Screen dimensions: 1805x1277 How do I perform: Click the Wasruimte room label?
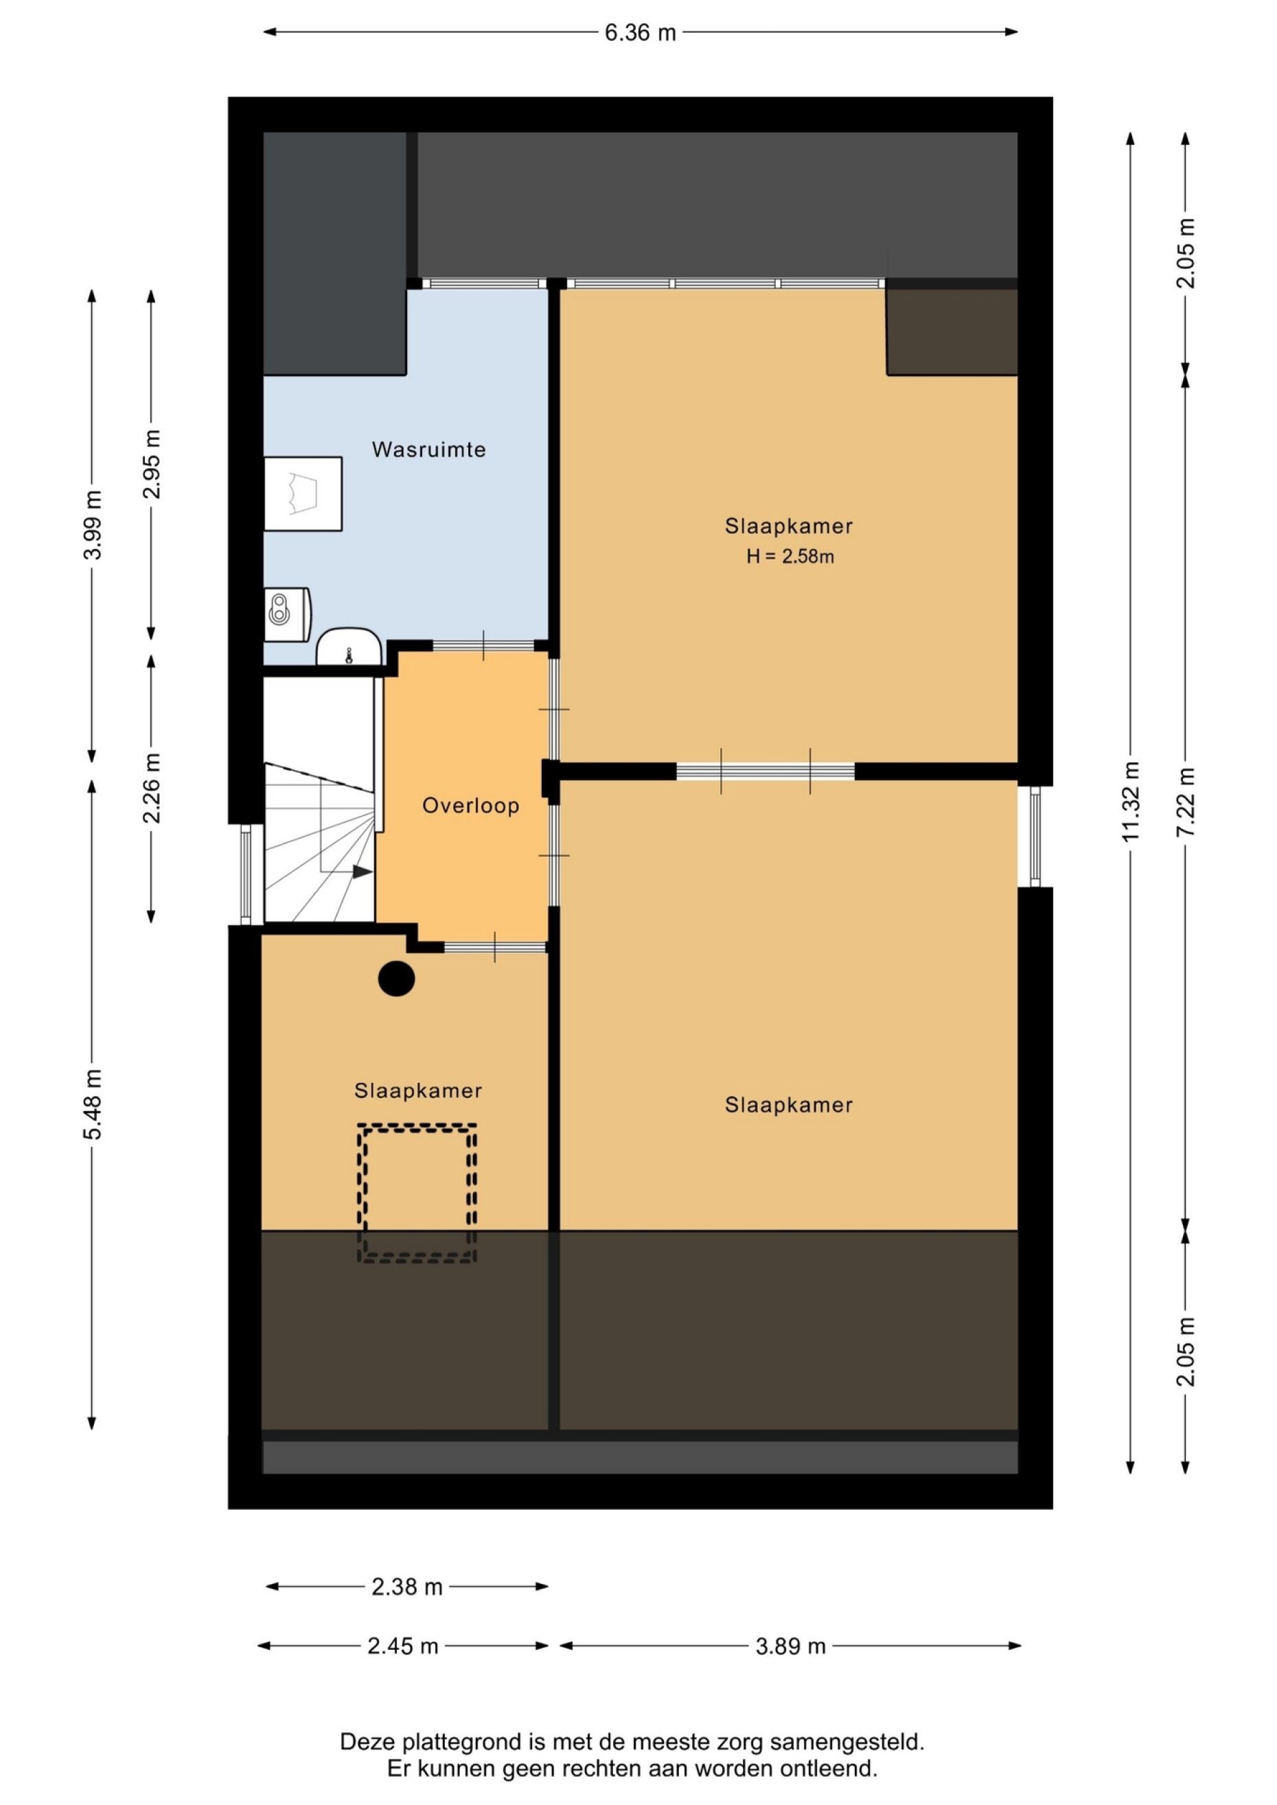[428, 450]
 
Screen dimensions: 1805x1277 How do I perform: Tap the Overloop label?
[470, 806]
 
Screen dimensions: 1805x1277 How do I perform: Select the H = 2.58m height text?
[790, 557]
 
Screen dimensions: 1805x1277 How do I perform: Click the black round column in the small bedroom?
[396, 979]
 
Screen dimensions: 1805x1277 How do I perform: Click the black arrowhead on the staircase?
[363, 872]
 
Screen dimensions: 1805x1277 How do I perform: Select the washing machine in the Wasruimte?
[303, 493]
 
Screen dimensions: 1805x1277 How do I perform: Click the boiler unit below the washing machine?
[286, 615]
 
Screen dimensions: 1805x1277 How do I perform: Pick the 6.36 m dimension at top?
[640, 33]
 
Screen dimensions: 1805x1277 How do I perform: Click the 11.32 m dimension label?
[1130, 801]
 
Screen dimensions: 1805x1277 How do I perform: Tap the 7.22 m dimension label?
[1185, 801]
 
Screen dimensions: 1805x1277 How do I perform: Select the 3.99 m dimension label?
[92, 524]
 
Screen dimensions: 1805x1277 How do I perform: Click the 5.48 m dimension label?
[92, 1104]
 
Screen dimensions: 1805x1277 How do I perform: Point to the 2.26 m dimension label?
[151, 789]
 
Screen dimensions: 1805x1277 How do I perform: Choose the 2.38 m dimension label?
[406, 1587]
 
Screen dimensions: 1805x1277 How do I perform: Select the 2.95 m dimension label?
[151, 464]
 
